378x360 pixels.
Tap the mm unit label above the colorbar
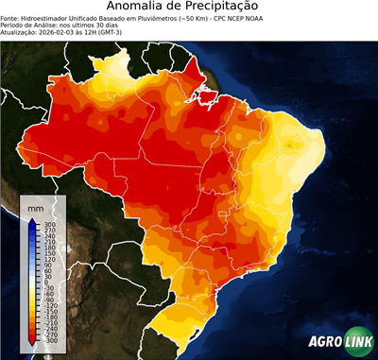[x=36, y=207]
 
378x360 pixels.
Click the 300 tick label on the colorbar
[x=48, y=223]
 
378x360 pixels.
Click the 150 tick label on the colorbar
[x=48, y=252]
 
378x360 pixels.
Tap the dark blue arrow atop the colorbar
[x=32, y=222]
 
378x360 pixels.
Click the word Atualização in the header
[x=21, y=33]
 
